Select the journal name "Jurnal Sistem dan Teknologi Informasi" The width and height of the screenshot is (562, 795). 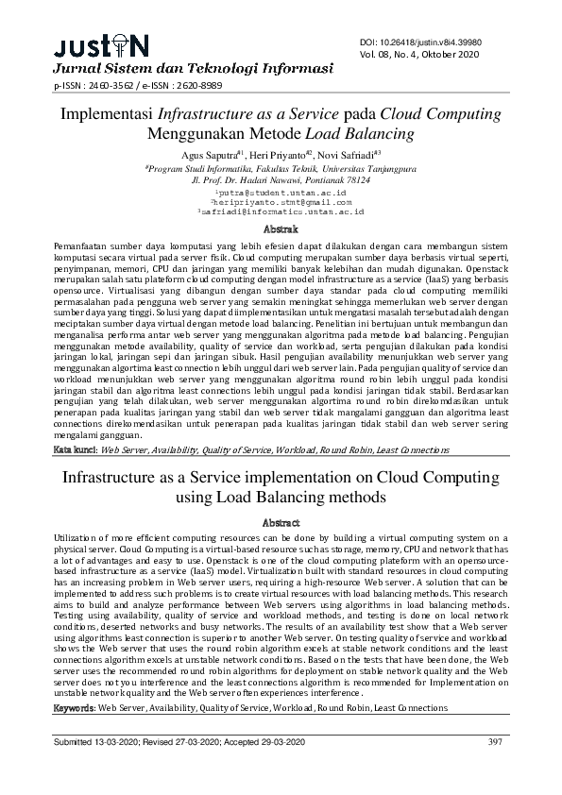click(193, 69)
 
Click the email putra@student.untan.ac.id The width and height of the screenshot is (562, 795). click(281, 191)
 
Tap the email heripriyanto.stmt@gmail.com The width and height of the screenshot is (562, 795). click(281, 201)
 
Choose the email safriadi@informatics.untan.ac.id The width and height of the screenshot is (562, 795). click(281, 211)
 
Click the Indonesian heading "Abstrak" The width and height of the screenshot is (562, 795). click(281, 229)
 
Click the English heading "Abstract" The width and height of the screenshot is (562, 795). click(281, 522)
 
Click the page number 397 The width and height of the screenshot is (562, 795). click(494, 743)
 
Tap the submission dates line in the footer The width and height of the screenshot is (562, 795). click(179, 743)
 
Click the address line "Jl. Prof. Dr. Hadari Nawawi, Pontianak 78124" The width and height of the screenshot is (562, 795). click(281, 178)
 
